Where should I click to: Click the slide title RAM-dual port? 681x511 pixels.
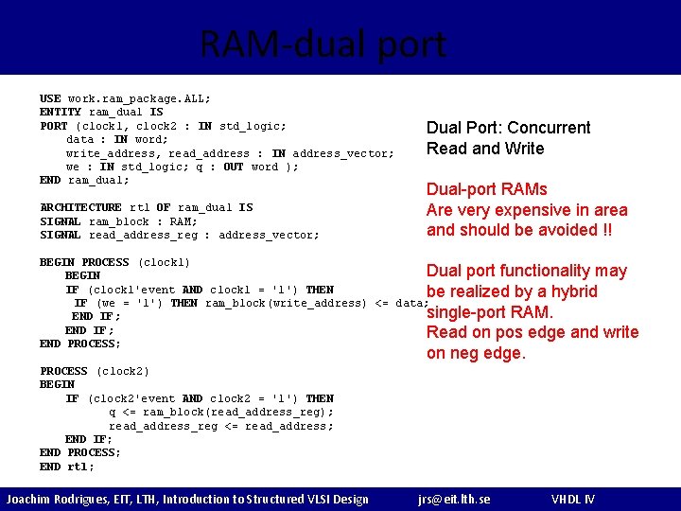coord(323,44)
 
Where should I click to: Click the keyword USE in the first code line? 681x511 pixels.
coord(50,98)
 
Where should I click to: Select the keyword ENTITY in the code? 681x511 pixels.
coord(61,112)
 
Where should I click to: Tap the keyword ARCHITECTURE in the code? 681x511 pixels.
coord(80,207)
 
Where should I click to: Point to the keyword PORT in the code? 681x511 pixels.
coord(54,126)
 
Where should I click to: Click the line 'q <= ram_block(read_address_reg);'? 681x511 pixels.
coord(221,412)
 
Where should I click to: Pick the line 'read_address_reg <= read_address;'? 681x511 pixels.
coord(221,426)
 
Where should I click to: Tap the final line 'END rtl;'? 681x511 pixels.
coord(67,467)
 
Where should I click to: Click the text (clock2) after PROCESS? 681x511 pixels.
coord(122,371)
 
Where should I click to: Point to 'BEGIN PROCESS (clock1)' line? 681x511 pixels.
coord(114,262)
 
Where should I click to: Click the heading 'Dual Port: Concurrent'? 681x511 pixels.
coord(508,128)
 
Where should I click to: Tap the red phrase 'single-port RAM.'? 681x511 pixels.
coord(490,312)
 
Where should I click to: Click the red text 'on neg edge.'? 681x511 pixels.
coord(476,353)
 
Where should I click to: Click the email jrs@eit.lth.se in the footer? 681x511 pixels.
coord(454,499)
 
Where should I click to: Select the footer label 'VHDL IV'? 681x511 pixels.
coord(573,499)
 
